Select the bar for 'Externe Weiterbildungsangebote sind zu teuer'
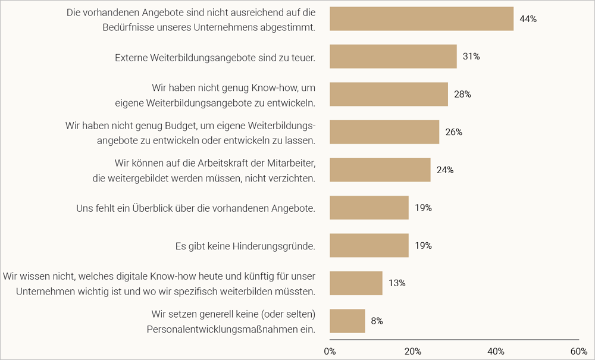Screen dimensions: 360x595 tap(393, 57)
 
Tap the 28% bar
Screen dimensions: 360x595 tap(389, 94)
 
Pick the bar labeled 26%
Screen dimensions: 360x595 tap(384, 132)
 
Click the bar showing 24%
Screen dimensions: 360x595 tap(380, 170)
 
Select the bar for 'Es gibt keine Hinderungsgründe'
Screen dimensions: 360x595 tap(369, 245)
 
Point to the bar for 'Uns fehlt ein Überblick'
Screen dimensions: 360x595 tap(369, 208)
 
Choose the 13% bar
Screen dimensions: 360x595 tap(356, 283)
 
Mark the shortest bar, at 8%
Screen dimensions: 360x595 tap(347, 321)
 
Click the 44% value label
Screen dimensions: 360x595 tap(528, 19)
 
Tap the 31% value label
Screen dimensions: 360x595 tap(471, 57)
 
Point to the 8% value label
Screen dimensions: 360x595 tap(377, 321)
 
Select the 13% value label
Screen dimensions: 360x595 tap(397, 283)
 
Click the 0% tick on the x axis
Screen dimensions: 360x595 tap(330, 351)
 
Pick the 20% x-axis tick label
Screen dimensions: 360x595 tap(413, 351)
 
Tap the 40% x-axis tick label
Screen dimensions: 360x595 tap(496, 351)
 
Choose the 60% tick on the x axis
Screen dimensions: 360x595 tap(579, 351)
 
